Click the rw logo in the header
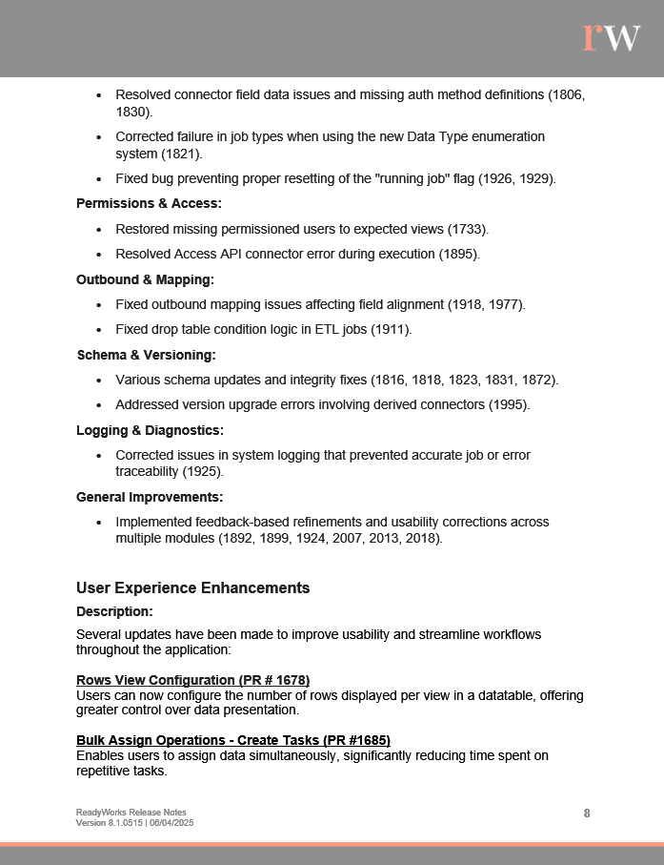(611, 36)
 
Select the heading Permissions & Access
(149, 203)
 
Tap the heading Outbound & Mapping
(145, 279)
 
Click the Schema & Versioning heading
(146, 355)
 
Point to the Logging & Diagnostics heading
(150, 430)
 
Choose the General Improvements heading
(150, 497)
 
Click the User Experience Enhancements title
(192, 587)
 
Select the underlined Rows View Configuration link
(192, 680)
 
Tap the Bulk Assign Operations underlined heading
(233, 740)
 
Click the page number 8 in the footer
(587, 813)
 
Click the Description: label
(114, 611)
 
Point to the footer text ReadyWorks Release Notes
(131, 813)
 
